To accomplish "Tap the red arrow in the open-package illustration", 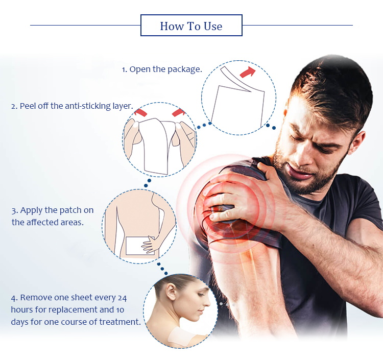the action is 248,72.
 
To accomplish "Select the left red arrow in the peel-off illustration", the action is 140,112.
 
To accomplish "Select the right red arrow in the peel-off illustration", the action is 179,112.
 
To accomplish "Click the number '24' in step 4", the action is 122,298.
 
